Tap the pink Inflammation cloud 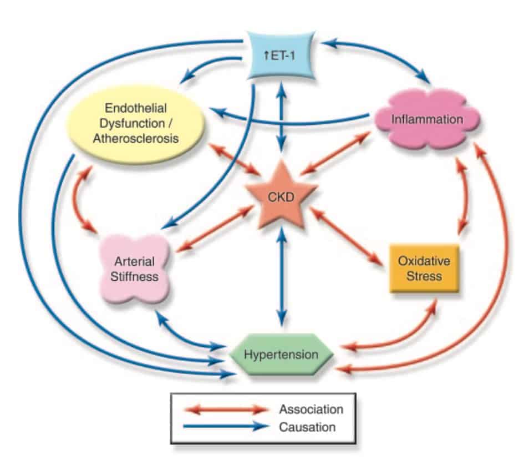click(426, 119)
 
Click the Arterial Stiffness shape click(135, 268)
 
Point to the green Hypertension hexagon click(282, 354)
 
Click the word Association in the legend click(311, 410)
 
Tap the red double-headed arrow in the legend click(228, 410)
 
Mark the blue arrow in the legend click(228, 427)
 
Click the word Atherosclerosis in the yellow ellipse click(136, 138)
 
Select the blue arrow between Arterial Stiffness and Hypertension click(183, 336)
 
